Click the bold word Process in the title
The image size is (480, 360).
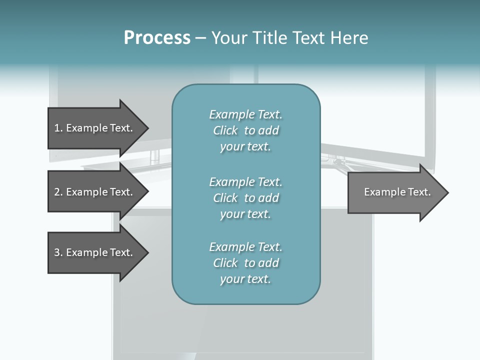click(x=157, y=38)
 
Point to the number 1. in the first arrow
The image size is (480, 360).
click(x=58, y=128)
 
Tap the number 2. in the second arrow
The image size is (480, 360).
click(x=58, y=192)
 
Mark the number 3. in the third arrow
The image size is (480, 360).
click(x=58, y=252)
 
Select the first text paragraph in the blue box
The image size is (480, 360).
click(x=245, y=130)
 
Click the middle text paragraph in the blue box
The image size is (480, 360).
click(x=245, y=198)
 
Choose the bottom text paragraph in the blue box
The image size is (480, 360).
click(x=245, y=263)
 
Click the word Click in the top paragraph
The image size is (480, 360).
click(x=225, y=130)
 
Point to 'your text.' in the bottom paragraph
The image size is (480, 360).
click(x=245, y=279)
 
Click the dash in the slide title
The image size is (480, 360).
click(x=200, y=38)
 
